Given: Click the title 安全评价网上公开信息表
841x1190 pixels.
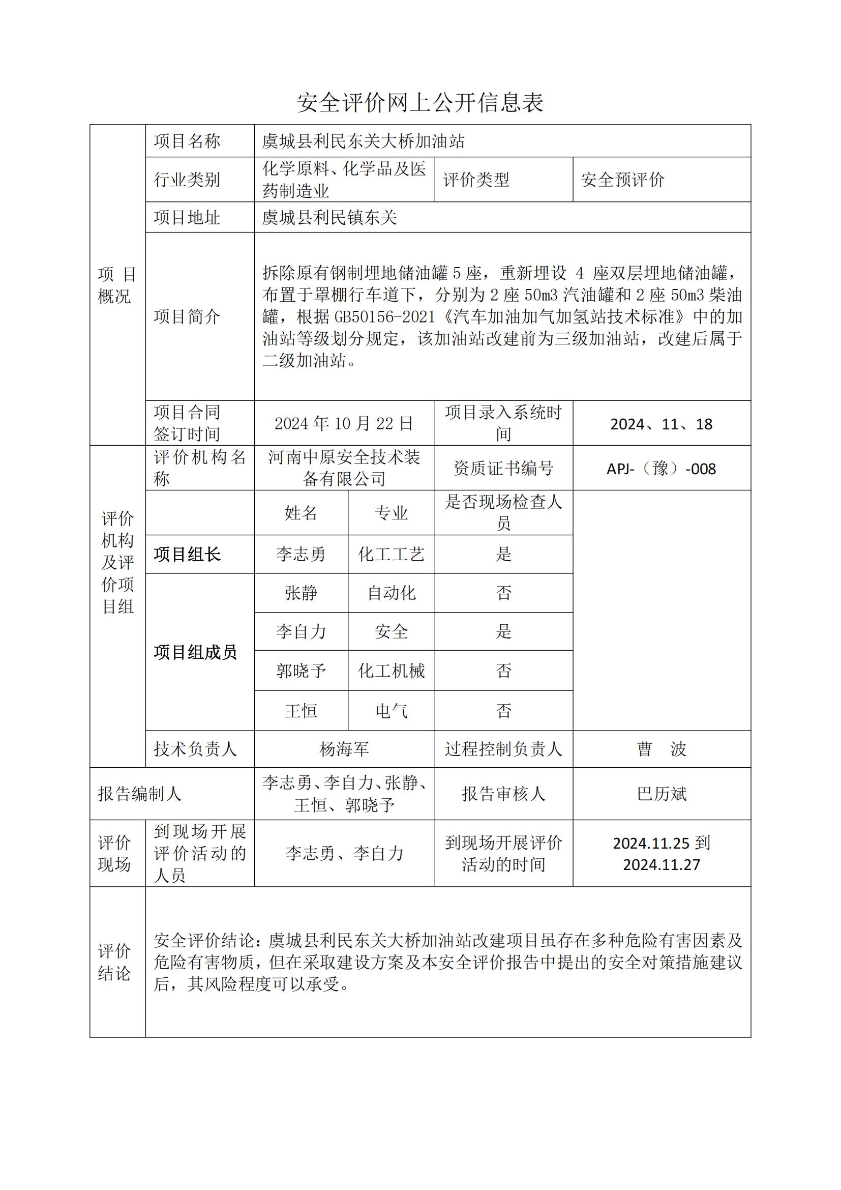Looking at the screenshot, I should [x=420, y=103].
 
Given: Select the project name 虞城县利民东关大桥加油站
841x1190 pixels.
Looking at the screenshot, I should [x=363, y=141].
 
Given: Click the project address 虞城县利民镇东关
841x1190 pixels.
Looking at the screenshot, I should [x=329, y=217].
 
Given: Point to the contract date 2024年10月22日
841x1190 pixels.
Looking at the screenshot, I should [x=344, y=423].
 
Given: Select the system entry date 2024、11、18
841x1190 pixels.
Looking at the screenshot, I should [x=662, y=424].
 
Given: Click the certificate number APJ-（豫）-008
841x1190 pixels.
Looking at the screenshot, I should [x=662, y=469].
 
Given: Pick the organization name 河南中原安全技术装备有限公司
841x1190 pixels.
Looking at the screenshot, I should [x=344, y=468].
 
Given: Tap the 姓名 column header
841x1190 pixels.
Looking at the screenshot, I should [x=301, y=513].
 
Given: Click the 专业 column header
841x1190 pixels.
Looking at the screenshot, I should [x=391, y=513].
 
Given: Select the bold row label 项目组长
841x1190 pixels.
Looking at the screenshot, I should [x=187, y=555].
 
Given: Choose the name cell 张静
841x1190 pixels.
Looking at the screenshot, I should [x=301, y=593].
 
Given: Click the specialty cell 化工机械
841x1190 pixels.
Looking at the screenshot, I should [x=391, y=671].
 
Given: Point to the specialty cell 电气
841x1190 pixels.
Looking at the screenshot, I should [x=391, y=711].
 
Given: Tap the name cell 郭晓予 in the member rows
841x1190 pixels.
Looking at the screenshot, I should [x=301, y=671].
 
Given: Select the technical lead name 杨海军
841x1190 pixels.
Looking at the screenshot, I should [x=344, y=749].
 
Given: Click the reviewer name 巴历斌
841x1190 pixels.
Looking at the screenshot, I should [x=662, y=794].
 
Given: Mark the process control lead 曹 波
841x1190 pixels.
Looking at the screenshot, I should [x=662, y=749].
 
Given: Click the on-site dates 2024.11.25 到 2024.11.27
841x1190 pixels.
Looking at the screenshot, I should [x=662, y=854].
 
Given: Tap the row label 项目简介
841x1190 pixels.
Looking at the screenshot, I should [x=187, y=316].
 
